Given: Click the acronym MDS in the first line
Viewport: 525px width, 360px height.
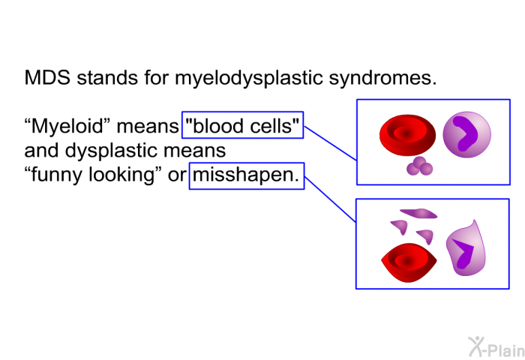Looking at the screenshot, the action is pyautogui.click(x=47, y=77).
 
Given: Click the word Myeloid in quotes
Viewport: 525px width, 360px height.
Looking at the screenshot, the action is pyautogui.click(x=68, y=126).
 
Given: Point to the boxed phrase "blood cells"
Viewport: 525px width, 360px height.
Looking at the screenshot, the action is pyautogui.click(x=242, y=125).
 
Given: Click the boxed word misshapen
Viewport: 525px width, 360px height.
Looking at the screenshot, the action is pyautogui.click(x=247, y=175).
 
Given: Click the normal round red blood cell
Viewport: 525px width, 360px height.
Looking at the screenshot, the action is pyautogui.click(x=407, y=135).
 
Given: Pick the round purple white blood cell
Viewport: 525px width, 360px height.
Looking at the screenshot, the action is pyautogui.click(x=466, y=134).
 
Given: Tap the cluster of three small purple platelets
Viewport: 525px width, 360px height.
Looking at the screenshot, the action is pyautogui.click(x=419, y=166).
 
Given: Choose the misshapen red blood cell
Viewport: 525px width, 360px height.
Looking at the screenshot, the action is pyautogui.click(x=409, y=262).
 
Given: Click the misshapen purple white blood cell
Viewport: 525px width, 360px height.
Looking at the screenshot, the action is pyautogui.click(x=466, y=249).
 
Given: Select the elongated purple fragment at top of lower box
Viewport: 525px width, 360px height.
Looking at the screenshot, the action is pyautogui.click(x=418, y=213).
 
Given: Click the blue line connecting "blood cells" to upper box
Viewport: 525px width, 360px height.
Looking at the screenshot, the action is pyautogui.click(x=330, y=143).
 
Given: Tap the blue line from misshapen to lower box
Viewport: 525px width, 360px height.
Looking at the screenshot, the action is pyautogui.click(x=330, y=199).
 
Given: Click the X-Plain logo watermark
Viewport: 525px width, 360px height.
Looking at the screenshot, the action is pyautogui.click(x=496, y=347).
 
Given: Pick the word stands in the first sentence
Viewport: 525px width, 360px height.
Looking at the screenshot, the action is pyautogui.click(x=108, y=78).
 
